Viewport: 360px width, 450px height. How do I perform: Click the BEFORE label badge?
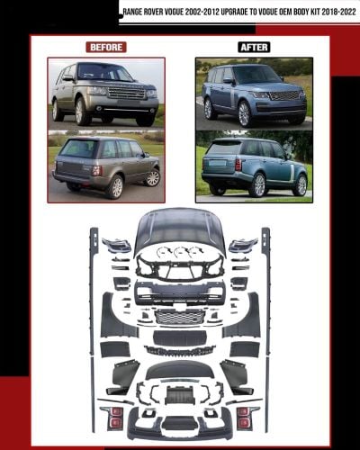coord(106,47)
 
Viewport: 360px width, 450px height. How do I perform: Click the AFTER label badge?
coord(254,47)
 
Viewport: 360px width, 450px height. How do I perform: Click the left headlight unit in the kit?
coord(116,245)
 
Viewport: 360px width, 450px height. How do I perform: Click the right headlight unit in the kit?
coord(243,245)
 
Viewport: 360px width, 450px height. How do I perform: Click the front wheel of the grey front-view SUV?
coord(80,112)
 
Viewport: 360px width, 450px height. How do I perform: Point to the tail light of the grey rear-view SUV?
coord(97,170)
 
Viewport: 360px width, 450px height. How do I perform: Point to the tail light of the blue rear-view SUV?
coord(238,165)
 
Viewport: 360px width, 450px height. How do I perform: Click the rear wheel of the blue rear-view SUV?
coord(259,185)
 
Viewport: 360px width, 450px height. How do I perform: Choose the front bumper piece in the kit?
coord(179,292)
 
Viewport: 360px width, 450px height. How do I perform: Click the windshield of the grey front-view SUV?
coord(105,72)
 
